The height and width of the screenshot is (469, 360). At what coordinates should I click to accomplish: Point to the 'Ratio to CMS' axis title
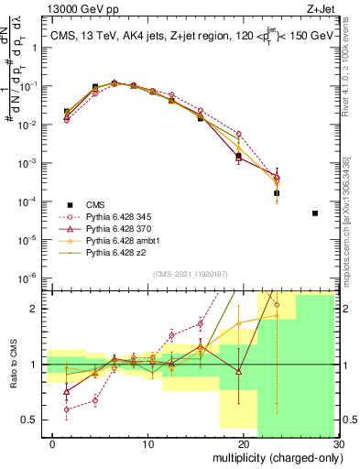tap(13, 376)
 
